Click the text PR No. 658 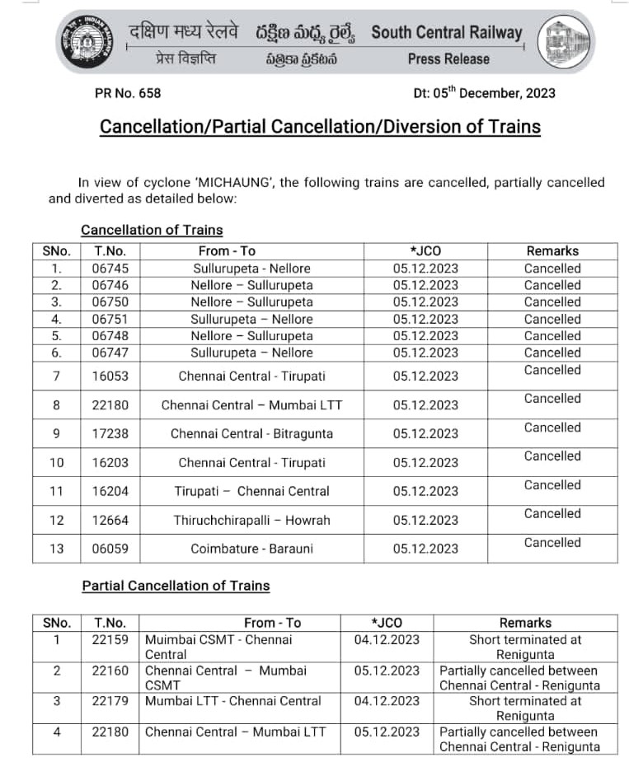[x=128, y=93]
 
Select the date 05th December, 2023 [x=484, y=93]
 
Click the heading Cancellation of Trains [x=152, y=230]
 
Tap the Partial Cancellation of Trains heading [x=176, y=586]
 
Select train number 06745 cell [x=111, y=269]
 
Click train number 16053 [x=111, y=376]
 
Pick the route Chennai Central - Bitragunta [x=251, y=433]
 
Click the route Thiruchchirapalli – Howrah [x=251, y=520]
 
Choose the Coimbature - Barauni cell [x=251, y=549]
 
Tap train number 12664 [x=111, y=520]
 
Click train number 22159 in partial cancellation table [x=111, y=639]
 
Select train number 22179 [x=111, y=701]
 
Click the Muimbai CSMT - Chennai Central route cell [x=218, y=647]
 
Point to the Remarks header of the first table [x=552, y=251]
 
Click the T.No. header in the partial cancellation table [x=111, y=623]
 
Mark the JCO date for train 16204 [x=425, y=491]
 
